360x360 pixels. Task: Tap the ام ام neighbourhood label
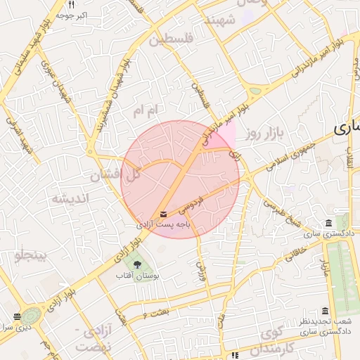[x=148, y=110]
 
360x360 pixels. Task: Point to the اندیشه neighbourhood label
[x=70, y=198]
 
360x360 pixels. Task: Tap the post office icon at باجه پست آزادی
[x=164, y=214]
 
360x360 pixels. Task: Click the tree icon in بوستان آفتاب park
[x=136, y=265]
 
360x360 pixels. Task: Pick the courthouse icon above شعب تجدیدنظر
[x=324, y=311]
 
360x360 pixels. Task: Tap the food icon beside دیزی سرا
[x=18, y=316]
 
